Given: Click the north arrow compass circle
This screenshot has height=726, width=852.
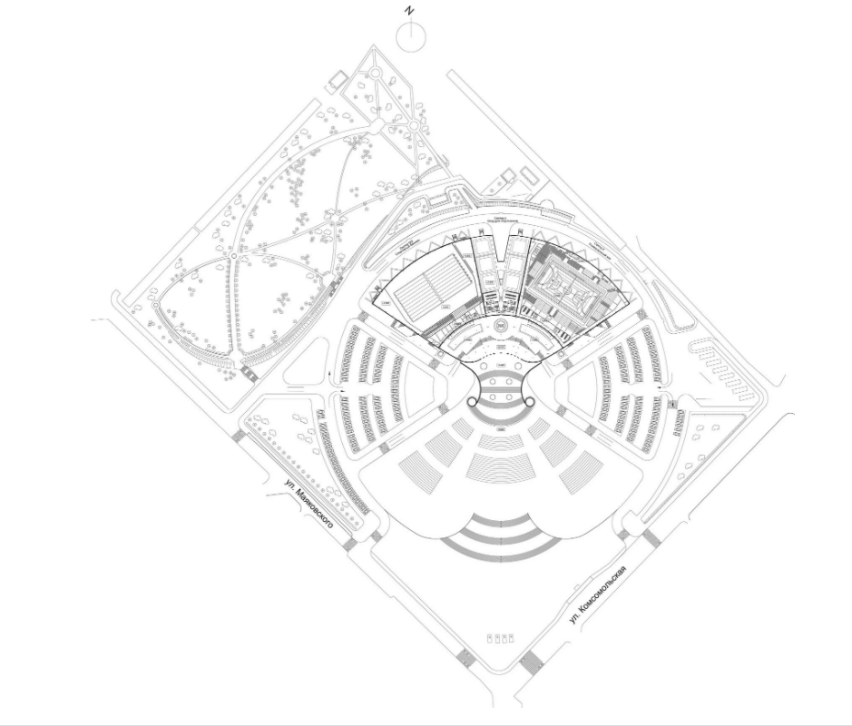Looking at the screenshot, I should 412,36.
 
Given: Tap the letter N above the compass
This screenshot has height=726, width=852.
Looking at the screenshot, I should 411,11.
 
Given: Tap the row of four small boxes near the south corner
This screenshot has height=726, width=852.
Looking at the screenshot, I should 502,639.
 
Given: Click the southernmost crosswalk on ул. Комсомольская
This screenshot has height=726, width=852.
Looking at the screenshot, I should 531,661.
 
